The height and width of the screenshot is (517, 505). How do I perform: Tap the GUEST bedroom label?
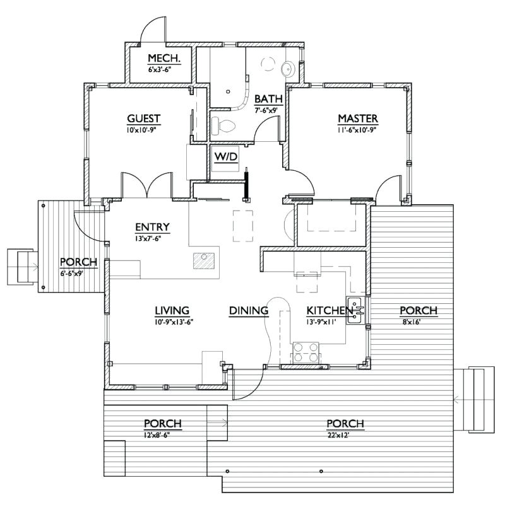point(144,118)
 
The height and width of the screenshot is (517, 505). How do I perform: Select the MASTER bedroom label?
point(357,118)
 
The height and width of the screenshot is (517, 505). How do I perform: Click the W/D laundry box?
point(225,157)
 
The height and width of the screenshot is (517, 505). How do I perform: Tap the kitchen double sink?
point(355,310)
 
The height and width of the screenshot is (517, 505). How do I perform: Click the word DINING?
point(249,310)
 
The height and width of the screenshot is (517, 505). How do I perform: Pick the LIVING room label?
point(172,310)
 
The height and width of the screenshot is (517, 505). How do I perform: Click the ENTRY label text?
point(152,227)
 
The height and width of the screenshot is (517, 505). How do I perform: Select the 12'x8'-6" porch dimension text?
point(163,434)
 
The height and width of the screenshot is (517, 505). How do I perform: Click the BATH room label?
point(268,99)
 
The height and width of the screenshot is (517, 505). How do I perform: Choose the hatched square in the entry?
point(204,261)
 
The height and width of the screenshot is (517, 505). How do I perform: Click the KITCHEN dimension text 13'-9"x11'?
point(321,322)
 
